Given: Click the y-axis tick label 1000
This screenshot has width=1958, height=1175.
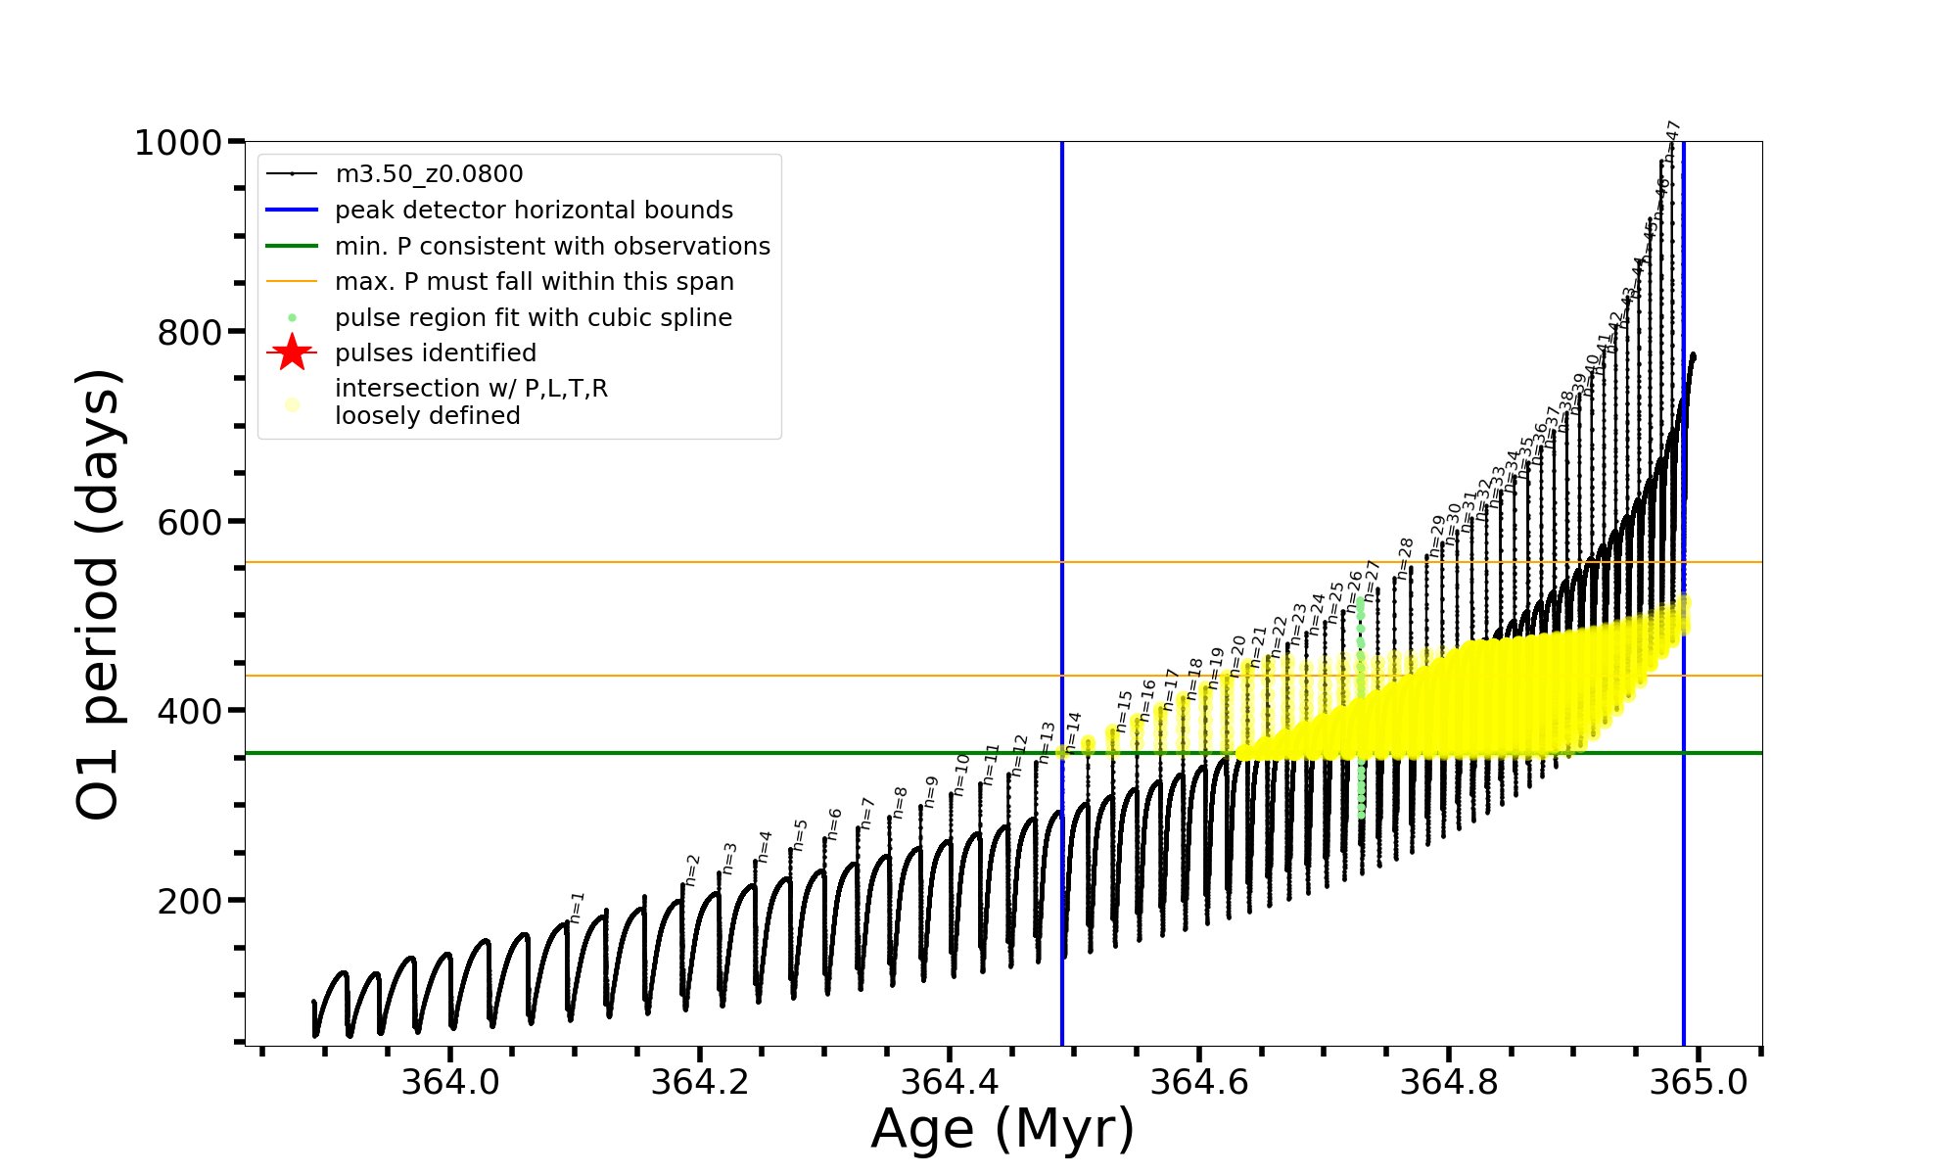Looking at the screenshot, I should pyautogui.click(x=178, y=144).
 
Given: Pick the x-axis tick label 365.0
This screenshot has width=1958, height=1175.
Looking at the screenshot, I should pyautogui.click(x=1699, y=1082).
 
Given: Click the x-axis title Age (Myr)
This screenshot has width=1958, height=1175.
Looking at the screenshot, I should pyautogui.click(x=1002, y=1128).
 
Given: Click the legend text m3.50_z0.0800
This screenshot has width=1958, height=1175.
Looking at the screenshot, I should pyautogui.click(x=429, y=174).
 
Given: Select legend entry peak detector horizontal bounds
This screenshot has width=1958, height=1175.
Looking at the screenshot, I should pyautogui.click(x=534, y=211).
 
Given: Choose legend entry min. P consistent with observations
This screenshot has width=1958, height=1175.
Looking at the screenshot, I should pyautogui.click(x=552, y=246).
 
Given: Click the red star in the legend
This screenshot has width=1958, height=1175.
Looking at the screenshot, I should pyautogui.click(x=292, y=352).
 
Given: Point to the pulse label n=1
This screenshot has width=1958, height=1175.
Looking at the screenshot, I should pyautogui.click(x=577, y=908).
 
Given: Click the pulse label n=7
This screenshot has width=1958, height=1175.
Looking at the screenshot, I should pyautogui.click(x=866, y=814).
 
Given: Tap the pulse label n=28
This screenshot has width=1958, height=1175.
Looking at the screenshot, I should pyautogui.click(x=1405, y=558).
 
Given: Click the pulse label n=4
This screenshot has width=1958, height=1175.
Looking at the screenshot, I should pyautogui.click(x=765, y=846).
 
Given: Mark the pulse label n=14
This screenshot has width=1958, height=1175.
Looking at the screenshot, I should pyautogui.click(x=1073, y=731).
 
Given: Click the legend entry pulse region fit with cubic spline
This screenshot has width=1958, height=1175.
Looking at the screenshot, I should pyautogui.click(x=533, y=318).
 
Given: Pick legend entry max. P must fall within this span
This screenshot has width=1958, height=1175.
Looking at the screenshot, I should pyautogui.click(x=534, y=282).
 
